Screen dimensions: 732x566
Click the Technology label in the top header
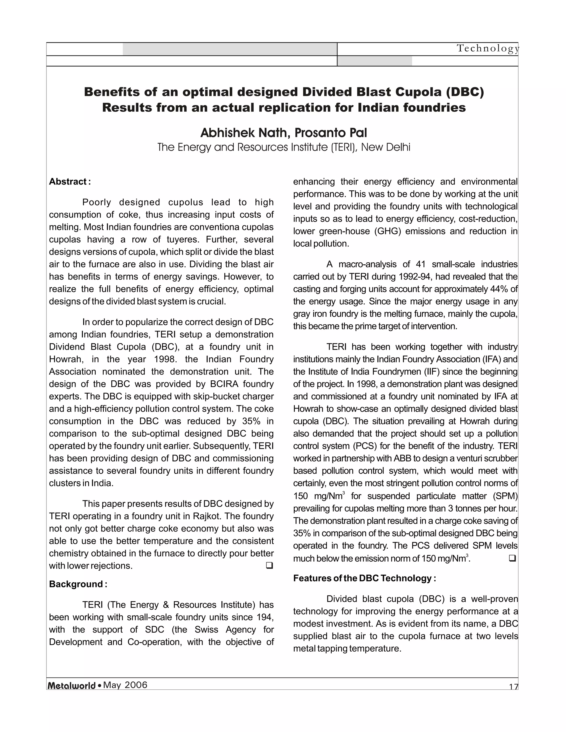click(x=488, y=49)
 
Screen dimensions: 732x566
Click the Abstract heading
click(x=70, y=182)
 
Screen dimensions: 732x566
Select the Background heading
click(x=78, y=584)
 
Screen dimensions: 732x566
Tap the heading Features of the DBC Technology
click(x=364, y=578)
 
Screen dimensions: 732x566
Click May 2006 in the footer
click(x=125, y=685)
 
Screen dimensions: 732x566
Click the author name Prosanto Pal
click(x=331, y=133)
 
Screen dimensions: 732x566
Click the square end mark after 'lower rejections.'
click(x=269, y=566)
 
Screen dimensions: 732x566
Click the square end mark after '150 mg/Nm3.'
click(x=512, y=558)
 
